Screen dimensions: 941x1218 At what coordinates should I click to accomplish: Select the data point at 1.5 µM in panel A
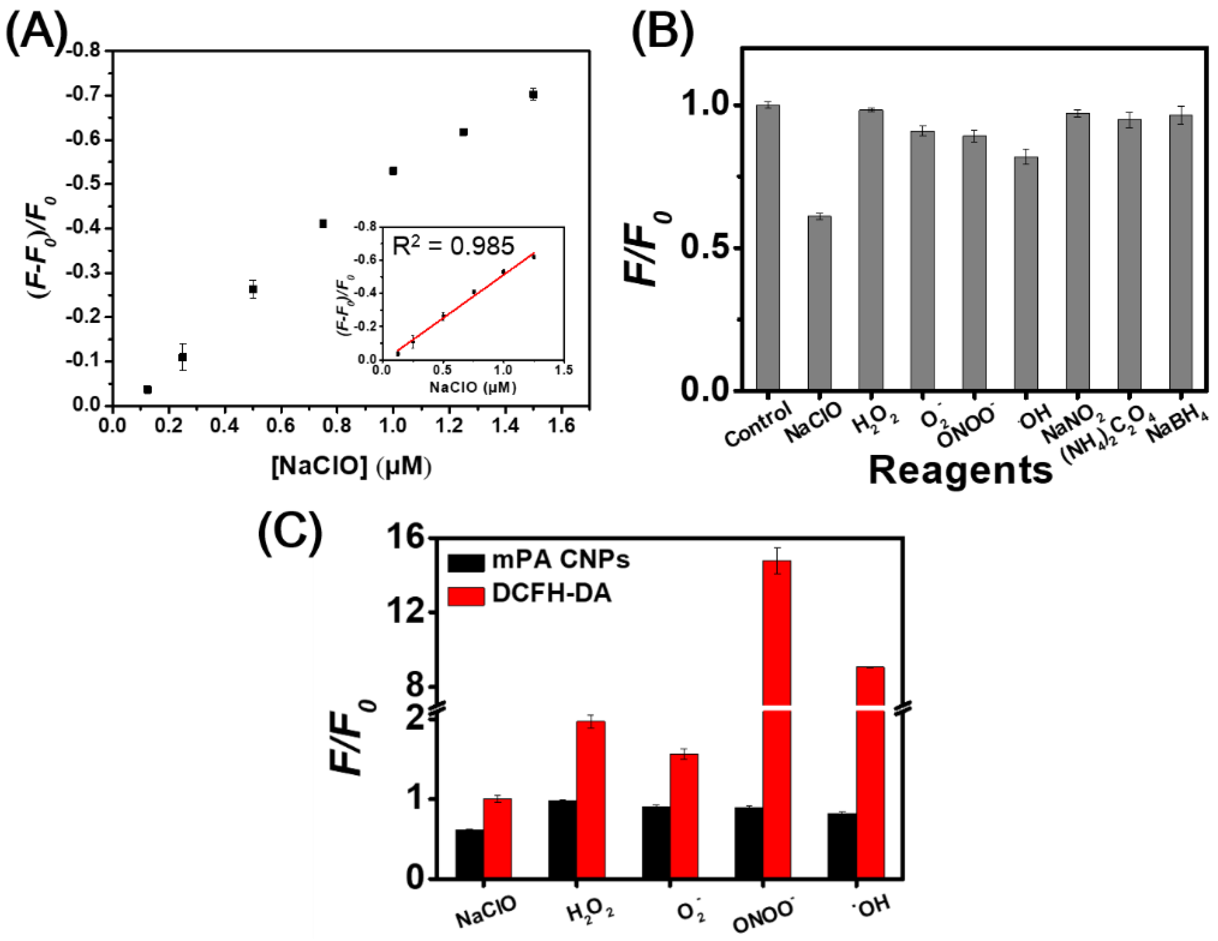coord(533,94)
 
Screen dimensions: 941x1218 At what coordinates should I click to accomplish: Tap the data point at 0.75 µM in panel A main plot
coord(323,224)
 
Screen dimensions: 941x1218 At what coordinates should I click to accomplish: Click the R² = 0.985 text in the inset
coord(453,246)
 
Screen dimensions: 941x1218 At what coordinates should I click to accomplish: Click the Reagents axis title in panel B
coord(960,470)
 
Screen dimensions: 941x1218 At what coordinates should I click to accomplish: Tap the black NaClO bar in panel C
coord(469,853)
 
